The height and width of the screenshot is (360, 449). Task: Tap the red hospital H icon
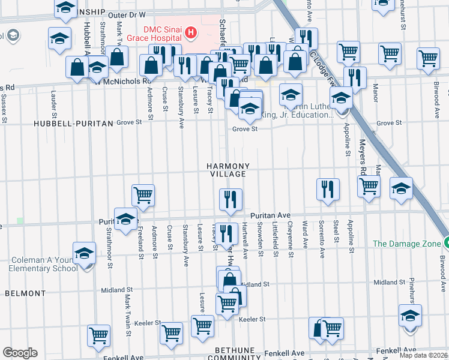(x=191, y=32)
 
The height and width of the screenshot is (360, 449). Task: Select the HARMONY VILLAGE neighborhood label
(x=228, y=169)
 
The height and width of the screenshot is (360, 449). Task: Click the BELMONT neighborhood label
(x=25, y=293)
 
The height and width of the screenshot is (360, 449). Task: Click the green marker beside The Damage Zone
(x=447, y=243)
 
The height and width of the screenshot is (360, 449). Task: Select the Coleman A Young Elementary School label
(x=43, y=264)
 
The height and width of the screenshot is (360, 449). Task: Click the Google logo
(x=19, y=352)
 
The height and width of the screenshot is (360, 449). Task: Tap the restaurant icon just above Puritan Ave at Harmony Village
(x=231, y=199)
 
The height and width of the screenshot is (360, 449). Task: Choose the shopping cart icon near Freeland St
(x=143, y=194)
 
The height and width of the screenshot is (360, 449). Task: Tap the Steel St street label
(x=336, y=233)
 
